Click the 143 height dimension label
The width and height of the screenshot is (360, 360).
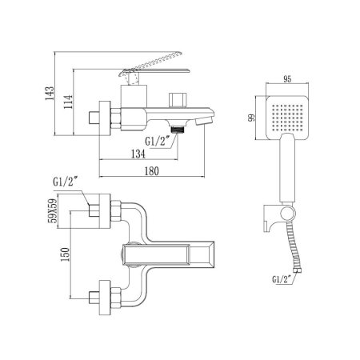click(50, 93)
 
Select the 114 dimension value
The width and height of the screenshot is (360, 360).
click(68, 102)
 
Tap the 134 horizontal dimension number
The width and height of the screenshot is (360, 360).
click(138, 154)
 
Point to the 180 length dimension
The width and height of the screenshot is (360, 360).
click(151, 171)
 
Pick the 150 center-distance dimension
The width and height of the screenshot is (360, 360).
click(65, 254)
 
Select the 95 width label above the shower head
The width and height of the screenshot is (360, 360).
click(287, 79)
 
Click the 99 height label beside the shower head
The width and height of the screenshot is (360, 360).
click(251, 118)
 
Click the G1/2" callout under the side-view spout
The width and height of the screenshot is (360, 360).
click(158, 141)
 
